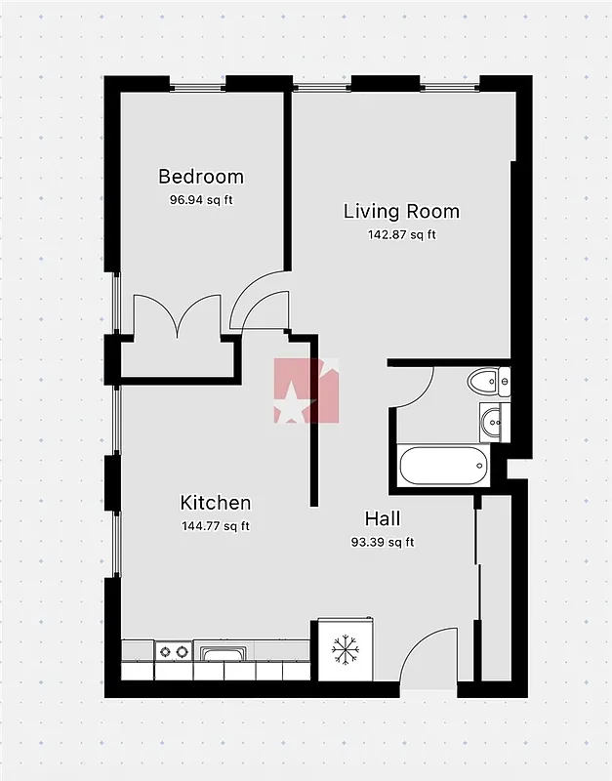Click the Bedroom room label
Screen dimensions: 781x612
(x=201, y=177)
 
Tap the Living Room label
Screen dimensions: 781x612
(x=401, y=211)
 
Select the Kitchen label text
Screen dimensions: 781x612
(x=216, y=503)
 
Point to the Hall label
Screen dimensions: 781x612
(x=382, y=518)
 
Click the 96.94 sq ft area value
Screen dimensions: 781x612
(x=201, y=200)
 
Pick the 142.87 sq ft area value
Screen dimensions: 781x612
(x=401, y=234)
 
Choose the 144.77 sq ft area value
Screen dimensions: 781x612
(x=216, y=526)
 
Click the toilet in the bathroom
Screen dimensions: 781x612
(x=485, y=381)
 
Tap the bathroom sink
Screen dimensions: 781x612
(x=491, y=422)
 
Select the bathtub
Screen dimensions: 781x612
(x=442, y=467)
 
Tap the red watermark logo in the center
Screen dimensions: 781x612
(x=306, y=390)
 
